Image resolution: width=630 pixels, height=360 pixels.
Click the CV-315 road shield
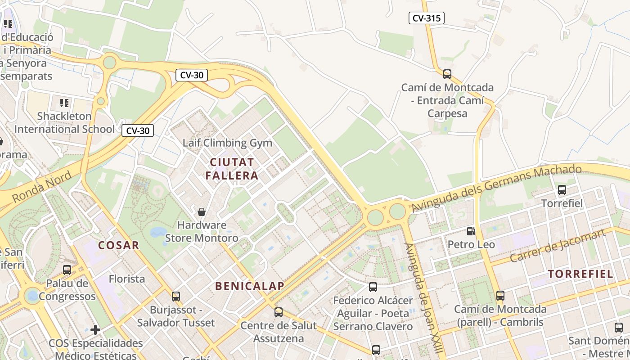(426, 18)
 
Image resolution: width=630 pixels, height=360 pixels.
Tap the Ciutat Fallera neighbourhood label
(232, 169)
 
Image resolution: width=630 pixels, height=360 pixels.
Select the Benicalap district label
(249, 286)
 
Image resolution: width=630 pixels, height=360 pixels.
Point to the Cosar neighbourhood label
(119, 245)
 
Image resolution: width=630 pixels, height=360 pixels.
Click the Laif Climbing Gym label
(227, 143)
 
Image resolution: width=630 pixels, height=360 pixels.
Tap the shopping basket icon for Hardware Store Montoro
(202, 211)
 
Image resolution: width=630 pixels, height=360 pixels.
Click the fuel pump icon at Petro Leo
(471, 231)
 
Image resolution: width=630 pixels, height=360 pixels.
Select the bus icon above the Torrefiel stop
(562, 190)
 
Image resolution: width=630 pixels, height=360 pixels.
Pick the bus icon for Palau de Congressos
(67, 270)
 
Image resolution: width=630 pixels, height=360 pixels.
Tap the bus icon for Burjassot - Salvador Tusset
(176, 297)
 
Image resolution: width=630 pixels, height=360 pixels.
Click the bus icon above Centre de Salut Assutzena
(279, 312)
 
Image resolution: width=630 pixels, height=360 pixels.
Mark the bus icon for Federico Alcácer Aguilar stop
(373, 287)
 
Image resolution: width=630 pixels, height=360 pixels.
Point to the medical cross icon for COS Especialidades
(95, 330)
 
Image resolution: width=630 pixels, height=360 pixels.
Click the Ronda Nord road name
(41, 187)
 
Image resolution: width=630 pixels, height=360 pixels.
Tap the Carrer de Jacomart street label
(558, 246)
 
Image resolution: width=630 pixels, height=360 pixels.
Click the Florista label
(127, 279)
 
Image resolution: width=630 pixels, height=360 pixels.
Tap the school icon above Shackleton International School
(64, 103)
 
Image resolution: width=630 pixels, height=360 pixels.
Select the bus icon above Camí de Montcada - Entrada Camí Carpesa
(447, 74)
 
